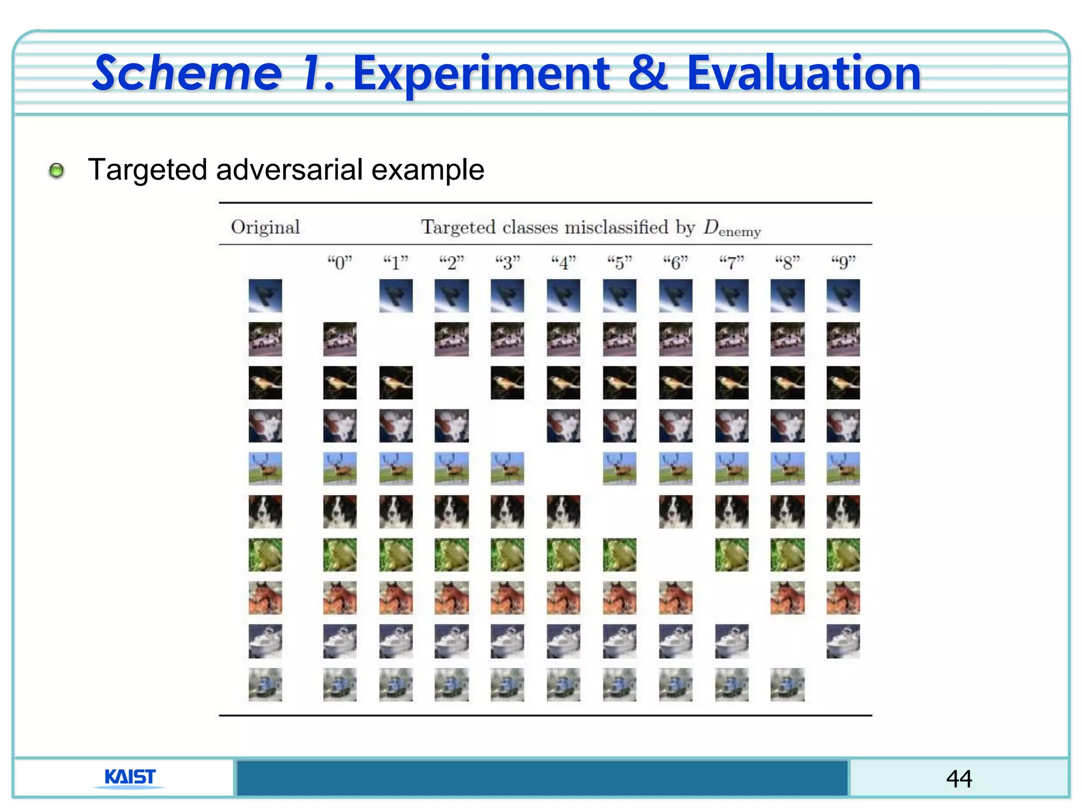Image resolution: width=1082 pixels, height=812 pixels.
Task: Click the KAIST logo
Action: point(130,777)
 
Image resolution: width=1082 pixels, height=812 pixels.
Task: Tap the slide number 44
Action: point(959,778)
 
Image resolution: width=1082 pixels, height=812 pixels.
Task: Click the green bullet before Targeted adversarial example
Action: point(57,171)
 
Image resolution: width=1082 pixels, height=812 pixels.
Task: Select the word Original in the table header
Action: point(265,227)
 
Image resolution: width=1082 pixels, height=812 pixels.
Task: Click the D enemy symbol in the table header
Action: point(732,228)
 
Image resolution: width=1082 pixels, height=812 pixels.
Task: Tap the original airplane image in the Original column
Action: point(265,296)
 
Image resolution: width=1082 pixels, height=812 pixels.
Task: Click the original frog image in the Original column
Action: point(265,555)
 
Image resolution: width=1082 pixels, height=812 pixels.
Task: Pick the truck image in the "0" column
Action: point(340,684)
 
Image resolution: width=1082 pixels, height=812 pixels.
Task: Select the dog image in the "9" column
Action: point(843,511)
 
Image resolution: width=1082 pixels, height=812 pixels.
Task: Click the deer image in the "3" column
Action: point(507,468)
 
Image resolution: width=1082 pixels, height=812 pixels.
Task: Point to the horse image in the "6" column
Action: point(676,598)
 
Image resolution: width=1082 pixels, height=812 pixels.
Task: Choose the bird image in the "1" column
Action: point(396,382)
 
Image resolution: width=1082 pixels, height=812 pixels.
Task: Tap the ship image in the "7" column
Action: point(732,641)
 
